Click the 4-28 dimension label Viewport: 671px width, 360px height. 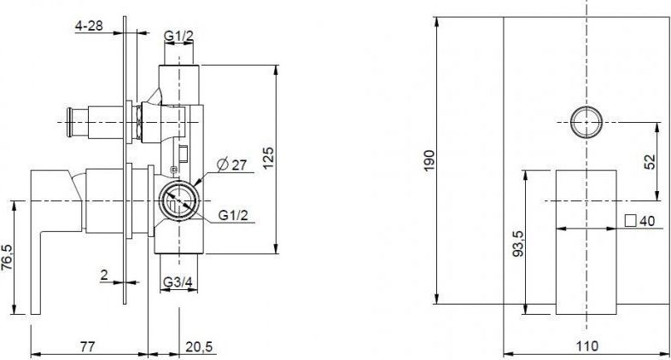click(89, 26)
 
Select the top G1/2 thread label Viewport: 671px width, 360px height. click(179, 37)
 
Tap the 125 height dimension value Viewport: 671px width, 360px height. click(268, 158)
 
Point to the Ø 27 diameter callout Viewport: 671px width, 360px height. click(232, 164)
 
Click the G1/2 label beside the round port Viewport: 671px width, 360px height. click(233, 215)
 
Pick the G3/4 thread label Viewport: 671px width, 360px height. click(178, 282)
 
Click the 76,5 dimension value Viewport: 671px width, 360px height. click(8, 258)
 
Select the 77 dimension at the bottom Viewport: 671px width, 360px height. click(87, 346)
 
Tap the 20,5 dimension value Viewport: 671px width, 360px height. click(199, 346)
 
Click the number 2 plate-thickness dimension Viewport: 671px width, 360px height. click(104, 275)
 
